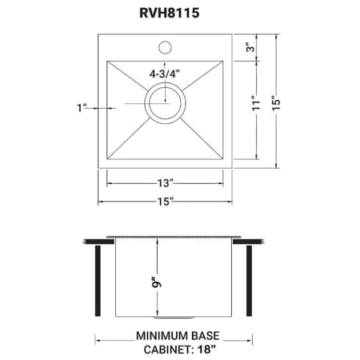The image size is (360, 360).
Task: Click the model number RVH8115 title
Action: (x=170, y=13)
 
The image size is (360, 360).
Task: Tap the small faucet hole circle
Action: (x=165, y=47)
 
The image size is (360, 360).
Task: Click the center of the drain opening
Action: (x=165, y=102)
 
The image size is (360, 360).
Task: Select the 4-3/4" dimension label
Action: (x=165, y=74)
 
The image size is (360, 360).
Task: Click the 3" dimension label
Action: (x=251, y=47)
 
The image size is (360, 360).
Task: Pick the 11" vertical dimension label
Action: (x=257, y=103)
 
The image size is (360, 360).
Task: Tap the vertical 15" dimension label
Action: (x=277, y=103)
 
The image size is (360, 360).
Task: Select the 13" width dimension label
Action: (x=166, y=183)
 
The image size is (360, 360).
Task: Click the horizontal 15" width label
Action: (x=166, y=202)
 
